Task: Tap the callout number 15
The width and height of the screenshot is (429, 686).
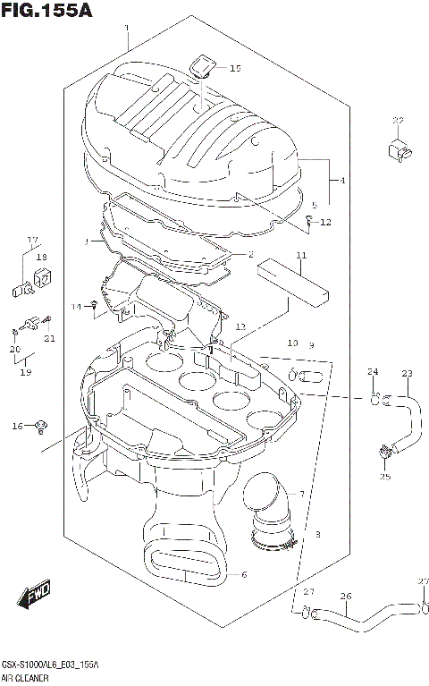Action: pyautogui.click(x=235, y=69)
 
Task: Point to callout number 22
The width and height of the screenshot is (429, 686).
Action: pyautogui.click(x=398, y=121)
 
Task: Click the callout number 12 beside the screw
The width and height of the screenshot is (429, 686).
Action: pyautogui.click(x=325, y=223)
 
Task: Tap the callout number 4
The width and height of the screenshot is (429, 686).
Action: pyautogui.click(x=342, y=181)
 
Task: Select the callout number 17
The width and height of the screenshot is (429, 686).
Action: pyautogui.click(x=32, y=240)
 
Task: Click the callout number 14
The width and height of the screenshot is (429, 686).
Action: pyautogui.click(x=78, y=307)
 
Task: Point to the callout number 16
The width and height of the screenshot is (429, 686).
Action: pyautogui.click(x=16, y=427)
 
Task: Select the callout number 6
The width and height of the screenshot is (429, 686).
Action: pyautogui.click(x=244, y=574)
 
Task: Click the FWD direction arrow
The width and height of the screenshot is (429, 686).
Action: pyautogui.click(x=36, y=596)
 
